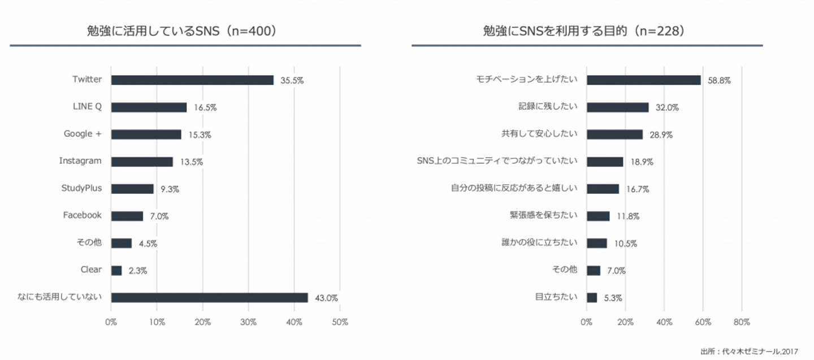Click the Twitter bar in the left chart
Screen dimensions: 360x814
(192, 80)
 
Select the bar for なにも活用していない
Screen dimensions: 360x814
(209, 297)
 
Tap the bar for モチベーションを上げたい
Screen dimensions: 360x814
(643, 80)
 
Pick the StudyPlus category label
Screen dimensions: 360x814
(81, 188)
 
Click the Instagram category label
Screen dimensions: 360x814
(80, 161)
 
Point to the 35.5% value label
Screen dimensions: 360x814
(292, 81)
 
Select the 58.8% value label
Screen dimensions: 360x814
(719, 81)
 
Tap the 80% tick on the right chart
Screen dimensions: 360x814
(742, 322)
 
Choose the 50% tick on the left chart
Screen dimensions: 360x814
(340, 322)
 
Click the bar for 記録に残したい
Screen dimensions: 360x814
(617, 107)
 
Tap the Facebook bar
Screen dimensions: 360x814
(127, 216)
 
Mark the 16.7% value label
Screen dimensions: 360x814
(638, 189)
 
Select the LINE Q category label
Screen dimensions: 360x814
(87, 106)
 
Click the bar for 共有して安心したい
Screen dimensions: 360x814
(614, 135)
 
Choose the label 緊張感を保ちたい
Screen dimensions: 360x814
(543, 215)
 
